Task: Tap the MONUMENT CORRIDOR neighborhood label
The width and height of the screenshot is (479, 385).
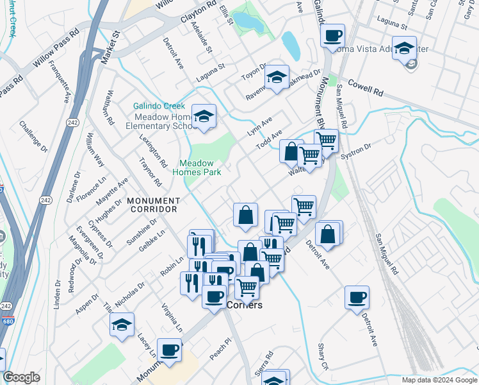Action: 152,205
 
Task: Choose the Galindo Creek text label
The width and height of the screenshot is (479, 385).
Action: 159,107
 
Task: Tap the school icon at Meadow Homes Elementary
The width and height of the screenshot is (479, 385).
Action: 204,116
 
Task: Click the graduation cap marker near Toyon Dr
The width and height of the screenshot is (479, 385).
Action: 277,77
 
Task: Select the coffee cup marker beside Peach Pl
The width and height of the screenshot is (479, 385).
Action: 169,350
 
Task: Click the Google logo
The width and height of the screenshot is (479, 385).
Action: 21,377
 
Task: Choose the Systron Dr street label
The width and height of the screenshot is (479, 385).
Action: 356,152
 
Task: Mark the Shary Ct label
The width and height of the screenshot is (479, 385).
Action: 323,356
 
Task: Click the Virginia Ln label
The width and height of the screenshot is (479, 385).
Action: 172,318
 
